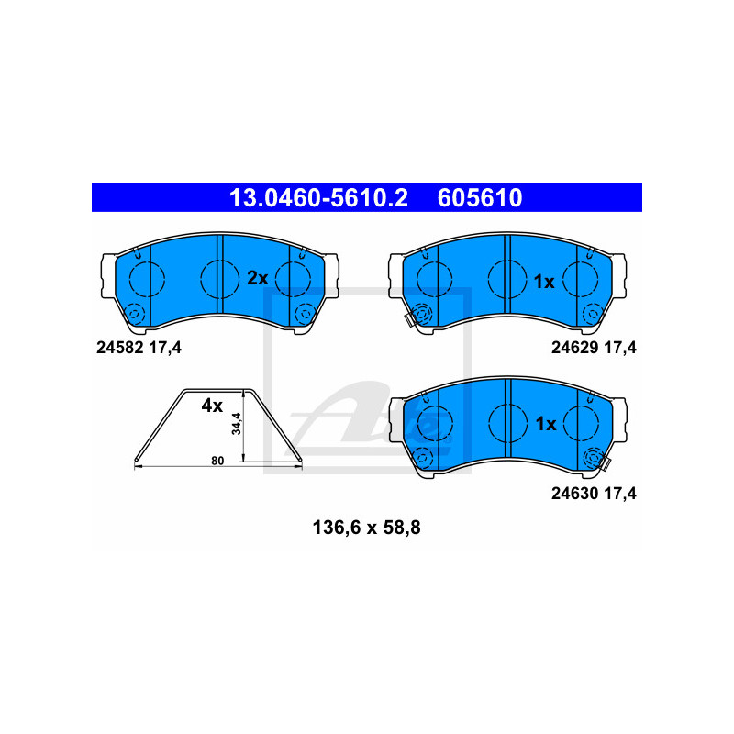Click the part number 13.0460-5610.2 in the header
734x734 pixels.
pyautogui.click(x=318, y=198)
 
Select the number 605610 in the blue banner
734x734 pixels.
pyautogui.click(x=480, y=198)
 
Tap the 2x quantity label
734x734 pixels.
pyautogui.click(x=258, y=278)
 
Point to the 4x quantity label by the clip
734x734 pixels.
pyautogui.click(x=212, y=406)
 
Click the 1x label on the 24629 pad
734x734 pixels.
pyautogui.click(x=544, y=282)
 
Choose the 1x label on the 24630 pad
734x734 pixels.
pyautogui.click(x=545, y=424)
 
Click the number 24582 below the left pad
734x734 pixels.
pyautogui.click(x=119, y=348)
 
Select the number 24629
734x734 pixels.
pyautogui.click(x=575, y=348)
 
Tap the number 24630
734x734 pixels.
pyautogui.click(x=575, y=494)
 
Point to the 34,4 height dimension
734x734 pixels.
pyautogui.click(x=237, y=424)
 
